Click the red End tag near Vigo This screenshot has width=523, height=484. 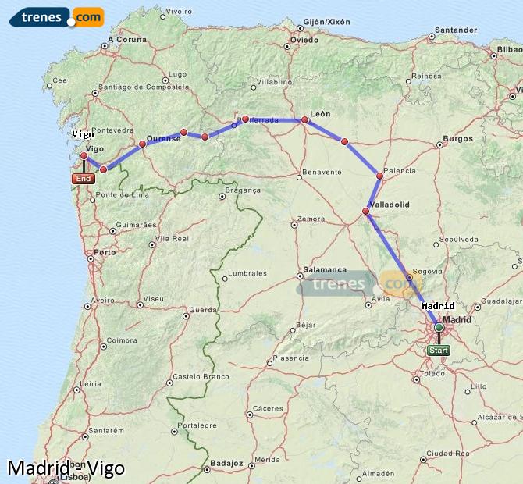pyautogui.click(x=83, y=179)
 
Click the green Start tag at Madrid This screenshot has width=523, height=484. pyautogui.click(x=439, y=351)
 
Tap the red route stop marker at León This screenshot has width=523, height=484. pyautogui.click(x=305, y=120)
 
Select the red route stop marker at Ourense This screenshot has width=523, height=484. pyautogui.click(x=142, y=144)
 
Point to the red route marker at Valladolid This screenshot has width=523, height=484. pyautogui.click(x=365, y=211)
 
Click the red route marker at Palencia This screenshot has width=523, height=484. pyautogui.click(x=380, y=176)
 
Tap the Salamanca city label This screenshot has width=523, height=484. pyautogui.click(x=325, y=269)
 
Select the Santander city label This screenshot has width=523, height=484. pyautogui.click(x=457, y=30)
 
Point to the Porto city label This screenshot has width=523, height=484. pyautogui.click(x=105, y=252)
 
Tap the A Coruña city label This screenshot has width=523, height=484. pyautogui.click(x=127, y=39)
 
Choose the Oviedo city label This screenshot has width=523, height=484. pyautogui.click(x=304, y=39)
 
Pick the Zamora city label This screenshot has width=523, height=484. pyautogui.click(x=311, y=219)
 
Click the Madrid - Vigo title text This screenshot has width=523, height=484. pyautogui.click(x=65, y=468)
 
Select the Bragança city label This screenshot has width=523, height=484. pyautogui.click(x=242, y=190)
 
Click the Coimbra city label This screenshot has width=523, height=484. pyautogui.click(x=123, y=340)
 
